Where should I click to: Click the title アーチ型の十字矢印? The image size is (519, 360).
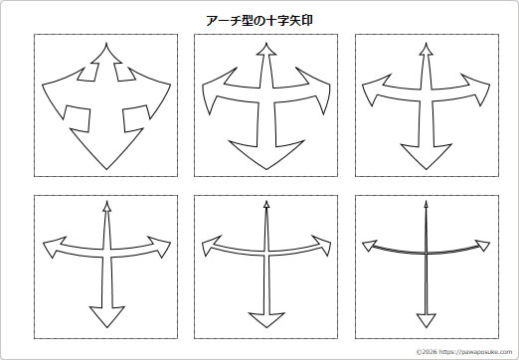(259, 19)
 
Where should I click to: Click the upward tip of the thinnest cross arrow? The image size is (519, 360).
(427, 206)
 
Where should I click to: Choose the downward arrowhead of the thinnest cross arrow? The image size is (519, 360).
(427, 319)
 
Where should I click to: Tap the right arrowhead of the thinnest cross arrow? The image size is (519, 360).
(484, 246)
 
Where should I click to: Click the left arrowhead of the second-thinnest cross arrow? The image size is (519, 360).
(209, 244)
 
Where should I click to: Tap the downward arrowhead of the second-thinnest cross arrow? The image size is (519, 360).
(264, 318)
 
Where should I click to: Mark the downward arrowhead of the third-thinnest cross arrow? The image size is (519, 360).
(104, 317)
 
